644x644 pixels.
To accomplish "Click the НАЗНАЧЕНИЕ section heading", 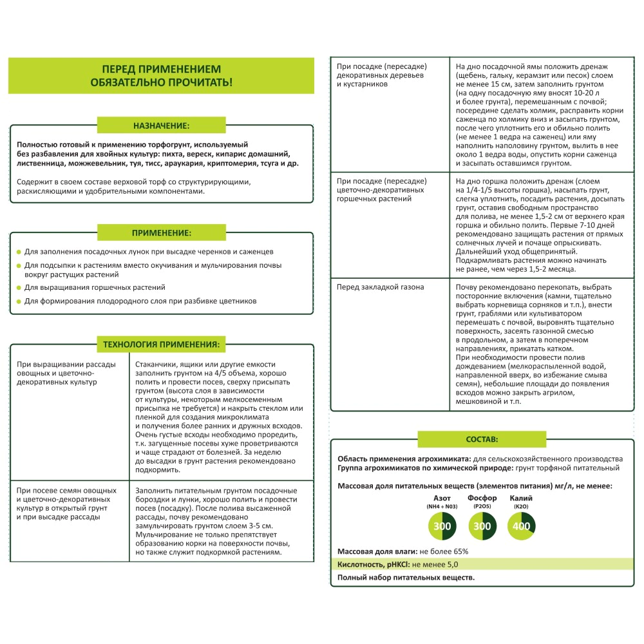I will click(161, 125).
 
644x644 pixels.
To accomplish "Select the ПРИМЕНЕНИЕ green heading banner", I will click(161, 232).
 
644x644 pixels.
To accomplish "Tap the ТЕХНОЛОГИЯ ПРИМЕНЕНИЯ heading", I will click(161, 345).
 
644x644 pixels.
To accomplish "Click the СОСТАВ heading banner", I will click(482, 439).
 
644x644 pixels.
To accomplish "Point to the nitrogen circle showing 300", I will click(442, 527).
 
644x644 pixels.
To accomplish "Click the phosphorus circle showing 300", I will click(482, 527).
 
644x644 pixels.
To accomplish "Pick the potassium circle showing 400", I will click(521, 527).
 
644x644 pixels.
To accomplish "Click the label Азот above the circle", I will click(442, 499).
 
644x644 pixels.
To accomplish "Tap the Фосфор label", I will click(482, 499).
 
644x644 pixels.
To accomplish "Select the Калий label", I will click(521, 499).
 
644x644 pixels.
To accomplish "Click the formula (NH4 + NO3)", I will click(442, 507).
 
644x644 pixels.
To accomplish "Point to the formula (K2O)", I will click(521, 507).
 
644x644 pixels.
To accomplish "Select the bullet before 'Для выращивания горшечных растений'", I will click(19, 288).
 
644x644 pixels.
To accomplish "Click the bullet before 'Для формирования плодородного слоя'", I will click(19, 301).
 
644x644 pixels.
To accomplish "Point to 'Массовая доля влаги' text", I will click(377, 552).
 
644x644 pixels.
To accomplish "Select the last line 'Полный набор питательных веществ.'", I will click(406, 578).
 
